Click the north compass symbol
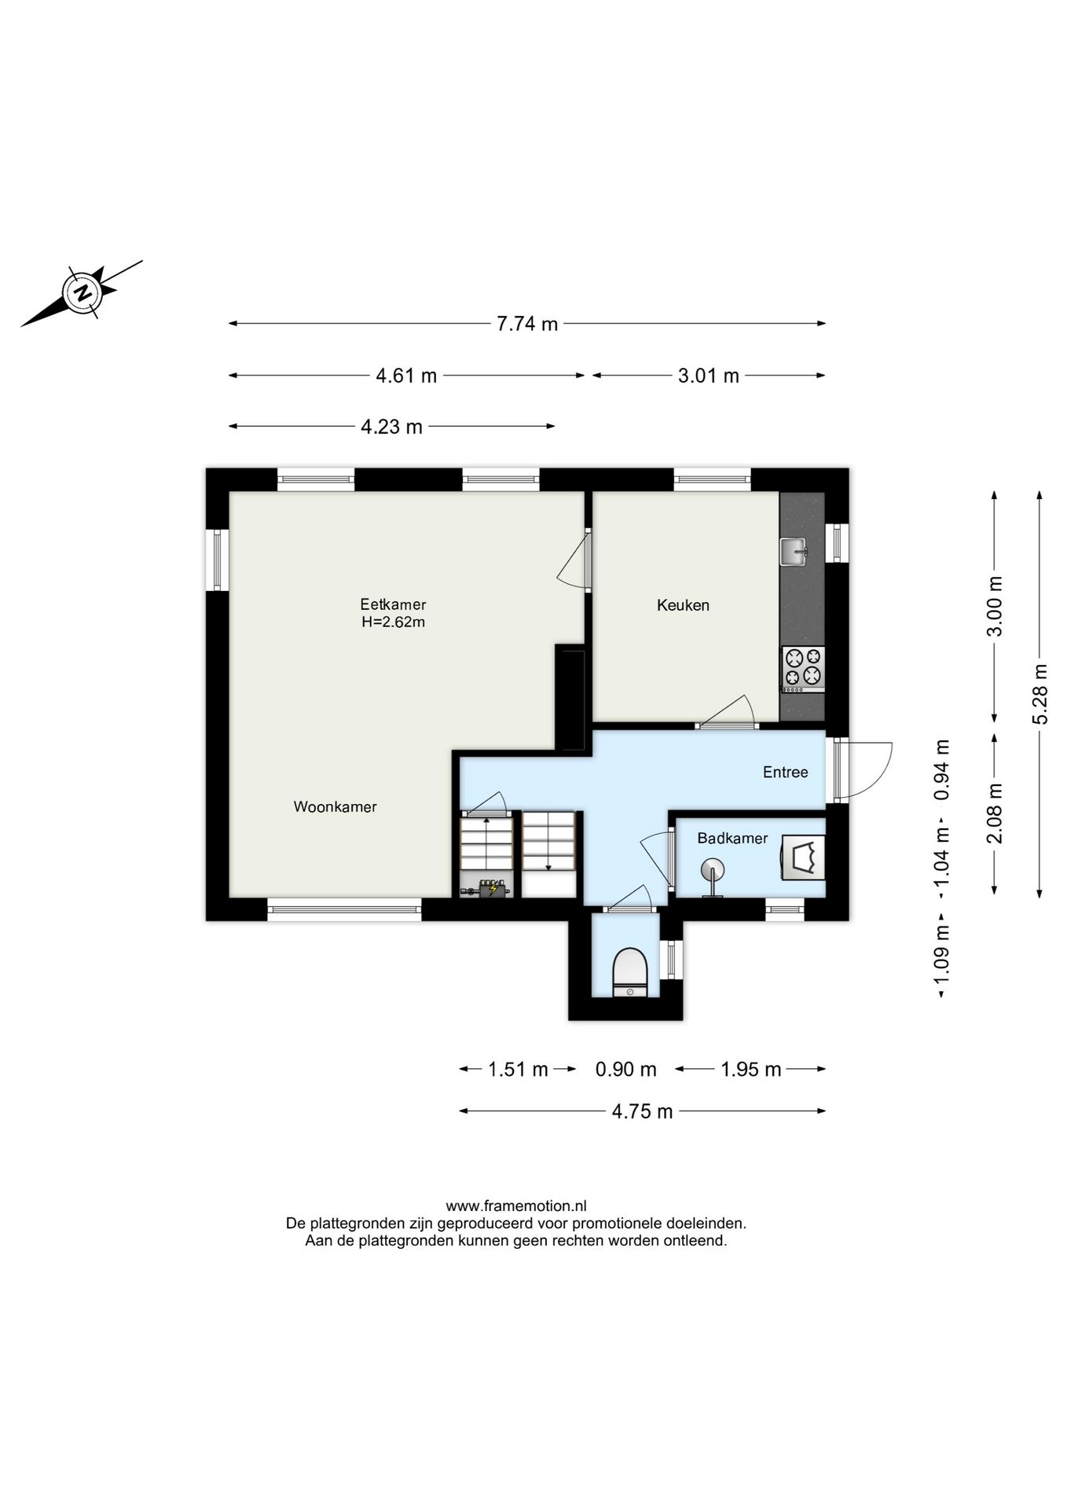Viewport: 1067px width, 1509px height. coord(82,293)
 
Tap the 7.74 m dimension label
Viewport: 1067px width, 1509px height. coord(527,324)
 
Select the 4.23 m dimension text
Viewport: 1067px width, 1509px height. coord(391,427)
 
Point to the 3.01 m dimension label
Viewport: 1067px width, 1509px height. coord(709,376)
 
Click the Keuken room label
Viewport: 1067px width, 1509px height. coord(684,605)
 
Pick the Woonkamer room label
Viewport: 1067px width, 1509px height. coord(335,806)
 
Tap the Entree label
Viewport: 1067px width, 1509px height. coord(786,772)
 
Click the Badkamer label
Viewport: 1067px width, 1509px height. coord(733,838)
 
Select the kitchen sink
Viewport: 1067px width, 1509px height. coord(794,551)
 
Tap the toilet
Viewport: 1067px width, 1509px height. coord(629,973)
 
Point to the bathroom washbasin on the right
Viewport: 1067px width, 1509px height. coord(804,857)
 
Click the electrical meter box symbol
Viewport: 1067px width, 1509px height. coord(487,888)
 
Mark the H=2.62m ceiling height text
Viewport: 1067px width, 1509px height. coord(394,622)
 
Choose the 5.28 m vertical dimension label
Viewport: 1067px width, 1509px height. coord(1040,694)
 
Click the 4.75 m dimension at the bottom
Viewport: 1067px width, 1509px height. coord(642,1111)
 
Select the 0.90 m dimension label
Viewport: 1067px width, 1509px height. coord(625,1069)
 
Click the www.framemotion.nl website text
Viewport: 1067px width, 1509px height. coord(516,1206)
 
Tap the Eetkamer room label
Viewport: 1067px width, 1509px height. coord(393,604)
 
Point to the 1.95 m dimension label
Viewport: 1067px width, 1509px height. coord(751,1069)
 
